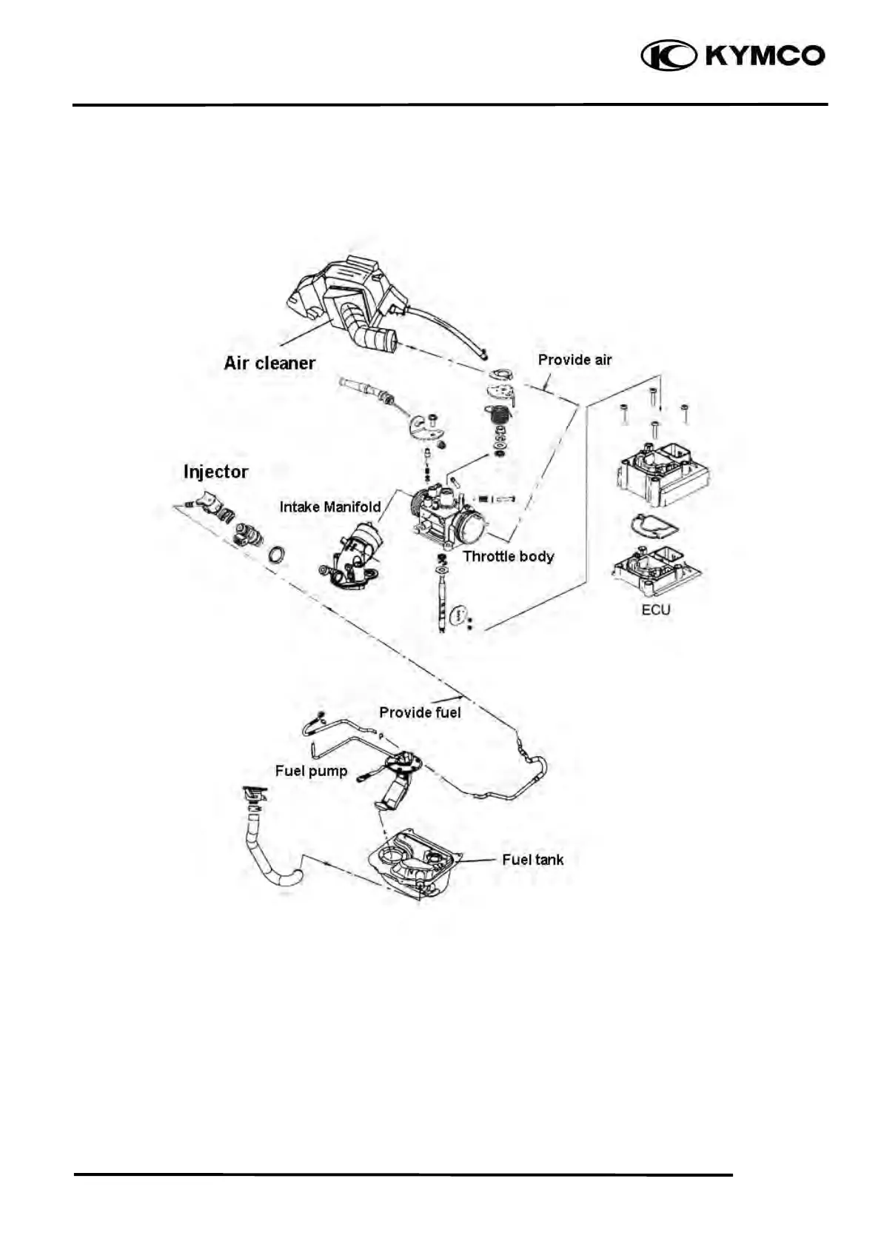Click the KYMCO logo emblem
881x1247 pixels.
[668, 56]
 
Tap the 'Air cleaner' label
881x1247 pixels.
[269, 363]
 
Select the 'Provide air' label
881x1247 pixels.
[575, 360]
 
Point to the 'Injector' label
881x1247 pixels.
[215, 472]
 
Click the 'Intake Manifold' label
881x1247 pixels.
[329, 507]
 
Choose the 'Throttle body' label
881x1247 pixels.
[509, 556]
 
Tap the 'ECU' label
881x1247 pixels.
[655, 609]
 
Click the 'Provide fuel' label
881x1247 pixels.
[420, 712]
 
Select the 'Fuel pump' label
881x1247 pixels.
[311, 771]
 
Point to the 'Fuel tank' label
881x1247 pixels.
[532, 860]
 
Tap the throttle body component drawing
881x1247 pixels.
[448, 515]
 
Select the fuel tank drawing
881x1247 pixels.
[415, 863]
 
